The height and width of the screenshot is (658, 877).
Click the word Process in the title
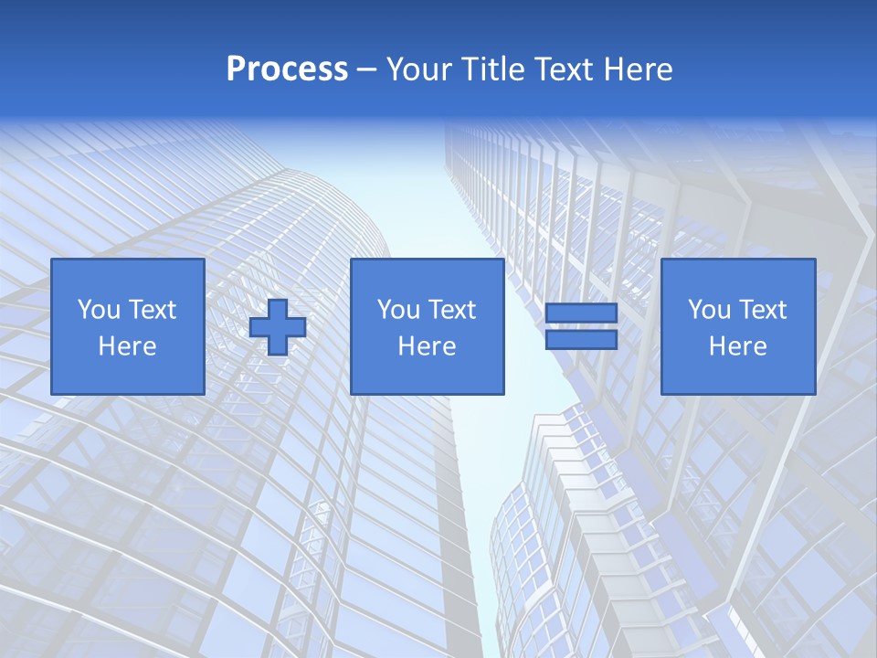[x=287, y=69]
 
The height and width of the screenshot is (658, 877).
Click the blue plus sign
[x=278, y=327]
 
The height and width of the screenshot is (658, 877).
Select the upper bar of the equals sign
[x=581, y=313]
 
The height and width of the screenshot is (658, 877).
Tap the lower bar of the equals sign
[x=581, y=340]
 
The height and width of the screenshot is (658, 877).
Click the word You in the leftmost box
[x=99, y=310]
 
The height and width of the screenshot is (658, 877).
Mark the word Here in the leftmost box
[x=127, y=346]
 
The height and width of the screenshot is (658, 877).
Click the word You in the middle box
[x=398, y=310]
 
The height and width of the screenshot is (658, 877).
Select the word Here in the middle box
[x=427, y=346]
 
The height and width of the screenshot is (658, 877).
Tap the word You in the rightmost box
[x=709, y=310]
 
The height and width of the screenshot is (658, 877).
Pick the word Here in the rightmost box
[x=737, y=346]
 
